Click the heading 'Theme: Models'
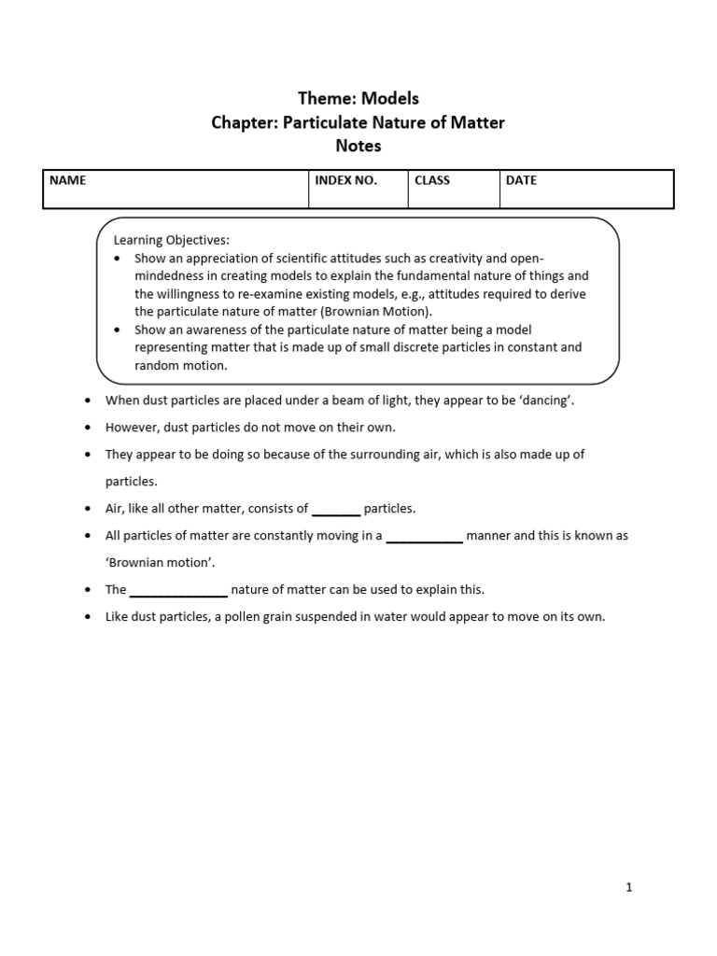pos(358,99)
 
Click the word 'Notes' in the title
pos(358,146)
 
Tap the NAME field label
pos(67,180)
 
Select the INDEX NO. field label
pos(345,180)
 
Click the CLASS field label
pos(432,180)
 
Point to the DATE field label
pos(521,180)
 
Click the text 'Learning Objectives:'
pos(171,240)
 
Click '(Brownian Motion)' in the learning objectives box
pos(381,311)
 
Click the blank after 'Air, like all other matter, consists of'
pos(336,509)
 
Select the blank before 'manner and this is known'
pos(424,536)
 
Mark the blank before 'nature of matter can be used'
pos(178,590)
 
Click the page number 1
pos(629,888)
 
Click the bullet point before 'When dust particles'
pos(87,401)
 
